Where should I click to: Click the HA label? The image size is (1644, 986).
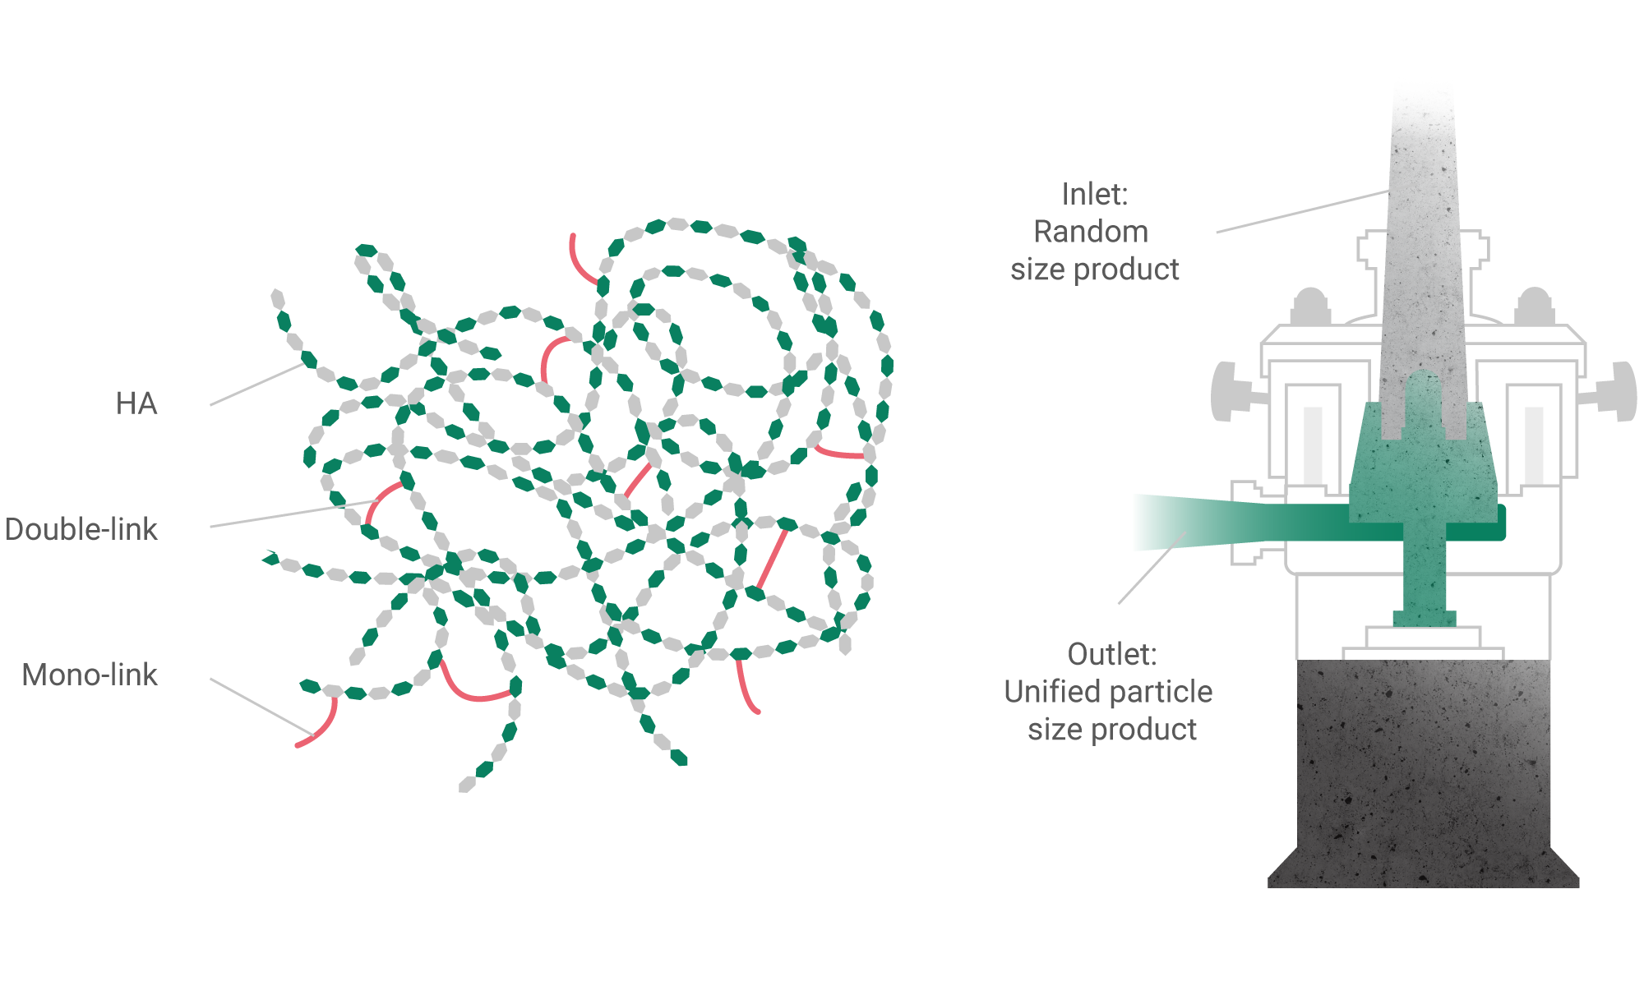pyautogui.click(x=136, y=403)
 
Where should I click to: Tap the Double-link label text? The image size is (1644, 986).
pyautogui.click(x=81, y=529)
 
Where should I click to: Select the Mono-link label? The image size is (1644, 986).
pyautogui.click(x=90, y=675)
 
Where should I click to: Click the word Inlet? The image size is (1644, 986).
pyautogui.click(x=1095, y=195)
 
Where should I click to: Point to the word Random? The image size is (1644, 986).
pyautogui.click(x=1091, y=232)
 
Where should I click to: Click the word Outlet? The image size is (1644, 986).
pyautogui.click(x=1112, y=655)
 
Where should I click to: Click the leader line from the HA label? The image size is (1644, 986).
pyautogui.click(x=257, y=384)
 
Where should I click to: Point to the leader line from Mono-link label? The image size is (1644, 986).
pyautogui.click(x=262, y=707)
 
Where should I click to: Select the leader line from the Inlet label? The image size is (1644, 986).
pyautogui.click(x=1303, y=211)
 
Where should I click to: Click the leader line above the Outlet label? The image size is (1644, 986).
pyautogui.click(x=1153, y=567)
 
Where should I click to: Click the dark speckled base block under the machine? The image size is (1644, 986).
pyautogui.click(x=1424, y=773)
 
